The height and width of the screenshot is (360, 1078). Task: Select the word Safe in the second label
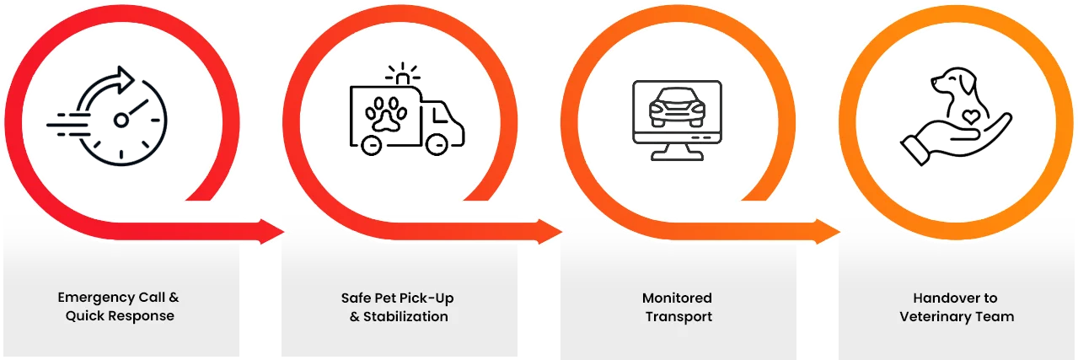pyautogui.click(x=356, y=298)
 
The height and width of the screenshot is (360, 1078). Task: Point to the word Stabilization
pyautogui.click(x=405, y=317)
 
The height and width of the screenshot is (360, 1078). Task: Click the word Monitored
pyautogui.click(x=677, y=298)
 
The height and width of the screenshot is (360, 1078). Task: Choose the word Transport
pyautogui.click(x=678, y=317)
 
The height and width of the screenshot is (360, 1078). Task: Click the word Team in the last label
pyautogui.click(x=996, y=317)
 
